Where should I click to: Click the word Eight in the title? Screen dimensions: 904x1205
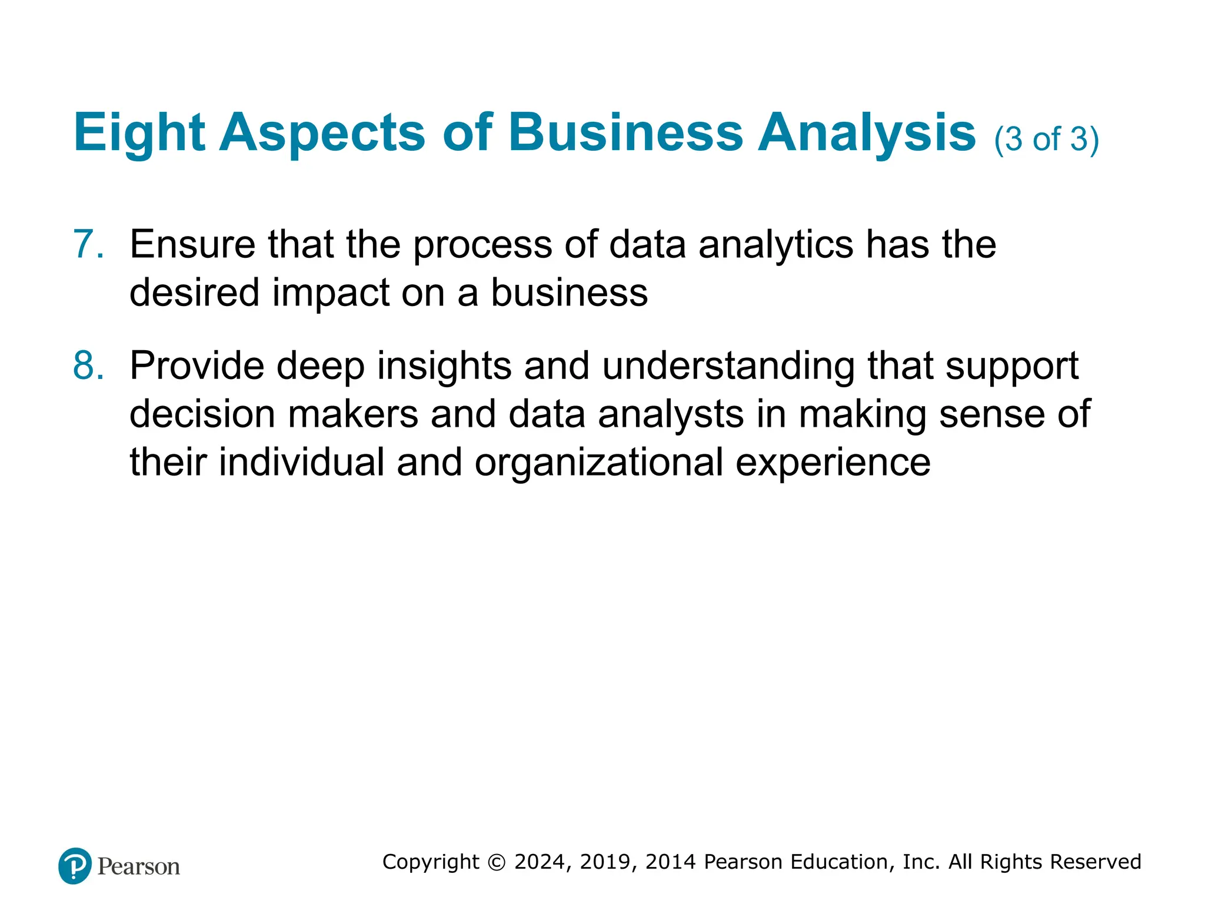pyautogui.click(x=139, y=133)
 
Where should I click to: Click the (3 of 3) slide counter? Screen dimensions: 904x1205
pyautogui.click(x=1046, y=139)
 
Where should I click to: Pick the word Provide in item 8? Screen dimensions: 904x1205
pyautogui.click(x=197, y=366)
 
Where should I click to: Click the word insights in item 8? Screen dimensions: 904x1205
pyautogui.click(x=444, y=366)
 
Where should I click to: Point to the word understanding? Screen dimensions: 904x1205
pyautogui.click(x=728, y=366)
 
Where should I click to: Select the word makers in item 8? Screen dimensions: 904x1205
pyautogui.click(x=353, y=414)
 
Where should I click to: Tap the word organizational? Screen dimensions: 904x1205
pyautogui.click(x=599, y=463)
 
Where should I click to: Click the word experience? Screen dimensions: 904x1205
pyautogui.click(x=833, y=463)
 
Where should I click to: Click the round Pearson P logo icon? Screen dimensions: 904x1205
pyautogui.click(x=75, y=866)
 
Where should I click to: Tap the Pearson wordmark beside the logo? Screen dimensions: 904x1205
pyautogui.click(x=139, y=866)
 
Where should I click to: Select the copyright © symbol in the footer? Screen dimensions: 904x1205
pyautogui.click(x=497, y=862)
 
